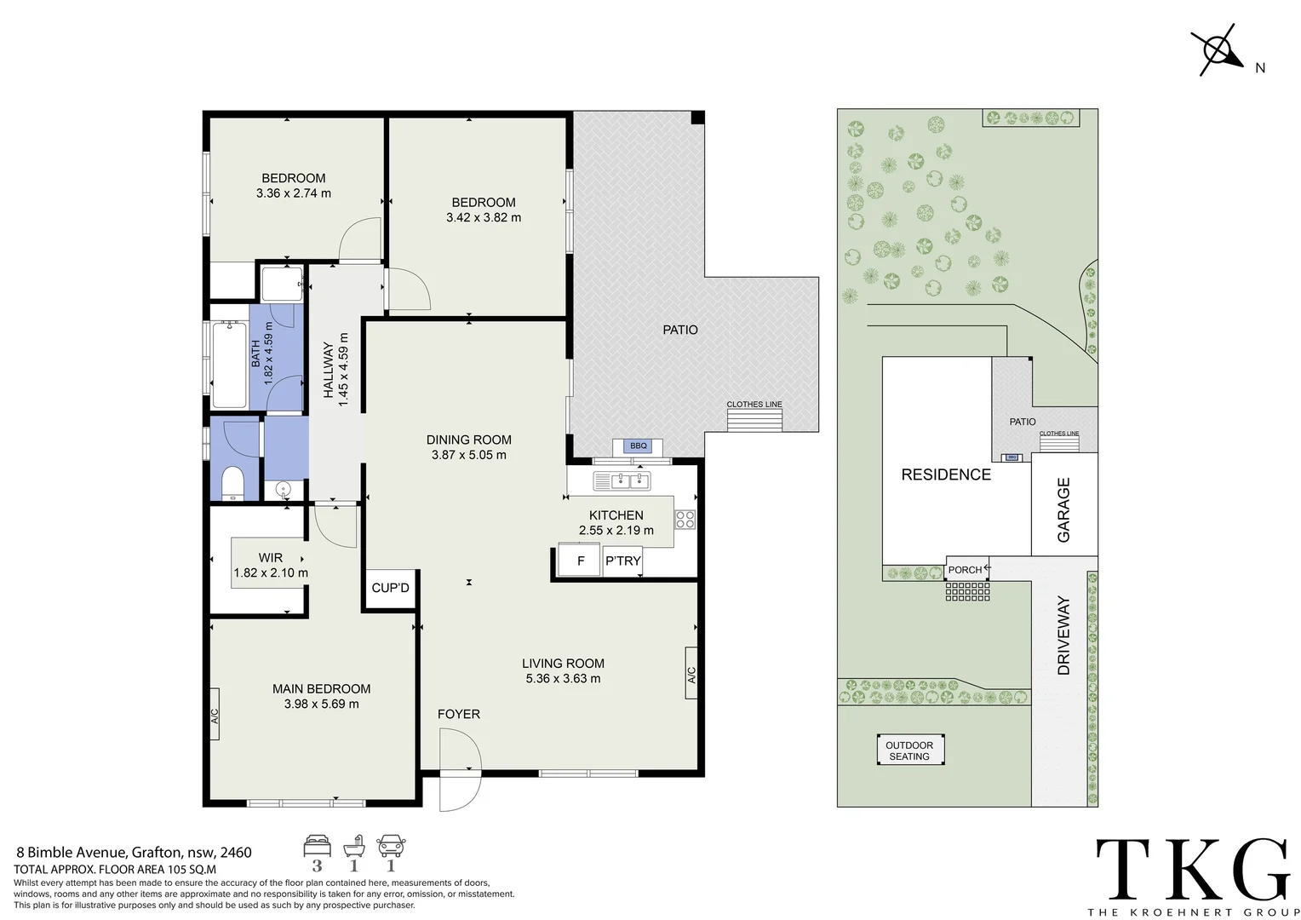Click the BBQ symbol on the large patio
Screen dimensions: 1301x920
(x=638, y=446)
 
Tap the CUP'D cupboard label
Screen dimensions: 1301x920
(x=390, y=588)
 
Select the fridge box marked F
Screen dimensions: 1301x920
(x=578, y=560)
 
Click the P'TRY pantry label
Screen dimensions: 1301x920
(x=622, y=561)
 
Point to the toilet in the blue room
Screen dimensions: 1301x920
(x=233, y=482)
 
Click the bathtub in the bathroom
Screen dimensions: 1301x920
(x=229, y=364)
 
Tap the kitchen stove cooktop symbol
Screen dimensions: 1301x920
(x=685, y=519)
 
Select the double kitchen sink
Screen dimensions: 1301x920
(x=622, y=480)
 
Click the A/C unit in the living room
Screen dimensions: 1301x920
(x=691, y=673)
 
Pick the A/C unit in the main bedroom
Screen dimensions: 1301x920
(x=215, y=714)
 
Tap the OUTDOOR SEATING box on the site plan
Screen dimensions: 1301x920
(x=910, y=750)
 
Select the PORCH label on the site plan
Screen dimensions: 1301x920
(x=965, y=570)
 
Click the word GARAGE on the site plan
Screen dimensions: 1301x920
(x=1063, y=509)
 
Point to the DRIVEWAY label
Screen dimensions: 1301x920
(x=1063, y=635)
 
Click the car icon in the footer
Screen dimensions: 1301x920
(x=391, y=846)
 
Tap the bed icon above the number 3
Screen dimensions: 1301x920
(x=317, y=846)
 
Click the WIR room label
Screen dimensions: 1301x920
(x=271, y=558)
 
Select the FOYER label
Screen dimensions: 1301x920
(x=459, y=714)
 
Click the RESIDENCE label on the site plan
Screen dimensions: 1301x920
(x=946, y=474)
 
